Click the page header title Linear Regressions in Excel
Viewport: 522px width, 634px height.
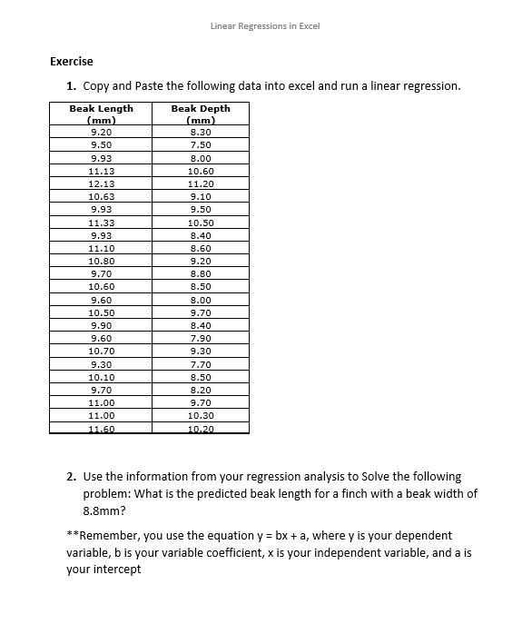(264, 26)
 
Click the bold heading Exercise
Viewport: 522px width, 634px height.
(72, 62)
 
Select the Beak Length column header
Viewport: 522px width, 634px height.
(101, 114)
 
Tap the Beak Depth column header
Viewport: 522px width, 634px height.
(200, 114)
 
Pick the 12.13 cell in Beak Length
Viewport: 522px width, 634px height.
(101, 183)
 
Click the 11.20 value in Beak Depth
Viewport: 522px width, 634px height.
(200, 183)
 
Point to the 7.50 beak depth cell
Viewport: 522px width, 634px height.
(200, 144)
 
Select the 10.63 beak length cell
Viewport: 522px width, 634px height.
(101, 196)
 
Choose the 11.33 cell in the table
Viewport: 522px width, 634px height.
(101, 223)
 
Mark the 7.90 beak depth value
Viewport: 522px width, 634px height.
(200, 337)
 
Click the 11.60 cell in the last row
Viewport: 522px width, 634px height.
(101, 428)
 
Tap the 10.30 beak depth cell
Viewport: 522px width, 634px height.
(200, 414)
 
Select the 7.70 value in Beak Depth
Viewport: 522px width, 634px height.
(200, 363)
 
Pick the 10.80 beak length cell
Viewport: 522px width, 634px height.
(101, 261)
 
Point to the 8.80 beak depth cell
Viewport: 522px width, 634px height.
(200, 273)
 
